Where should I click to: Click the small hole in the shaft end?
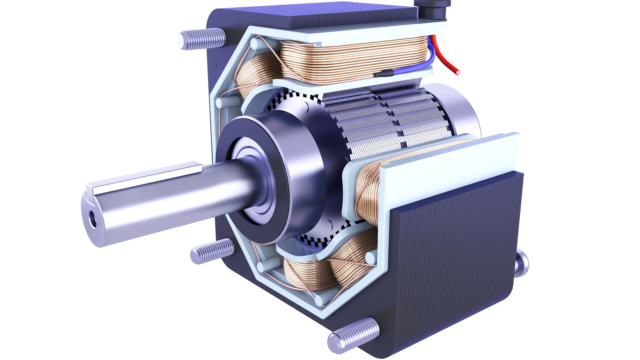coord(92,221)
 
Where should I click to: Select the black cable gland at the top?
coord(432,10)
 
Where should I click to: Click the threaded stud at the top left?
coord(202,38)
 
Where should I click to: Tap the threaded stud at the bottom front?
coord(353,335)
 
